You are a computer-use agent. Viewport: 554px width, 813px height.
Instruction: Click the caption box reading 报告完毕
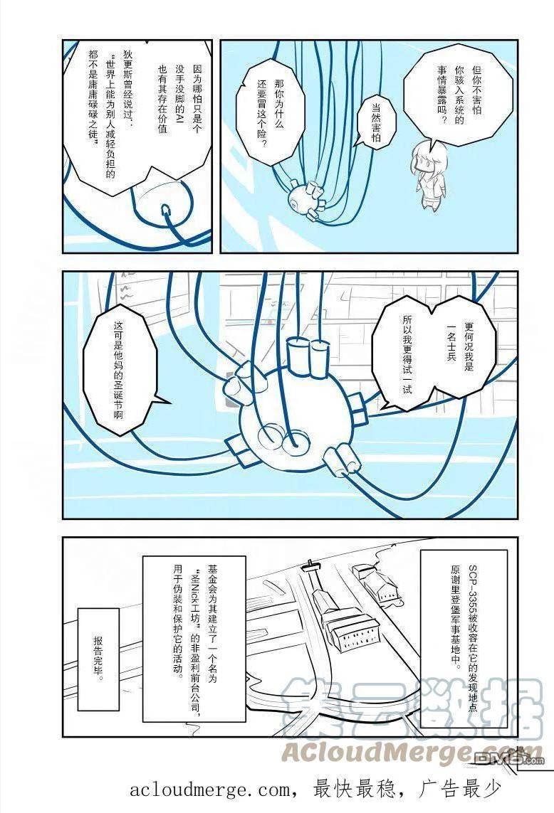[x=98, y=659]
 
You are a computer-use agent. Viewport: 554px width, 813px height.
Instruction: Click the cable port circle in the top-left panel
[x=166, y=210]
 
